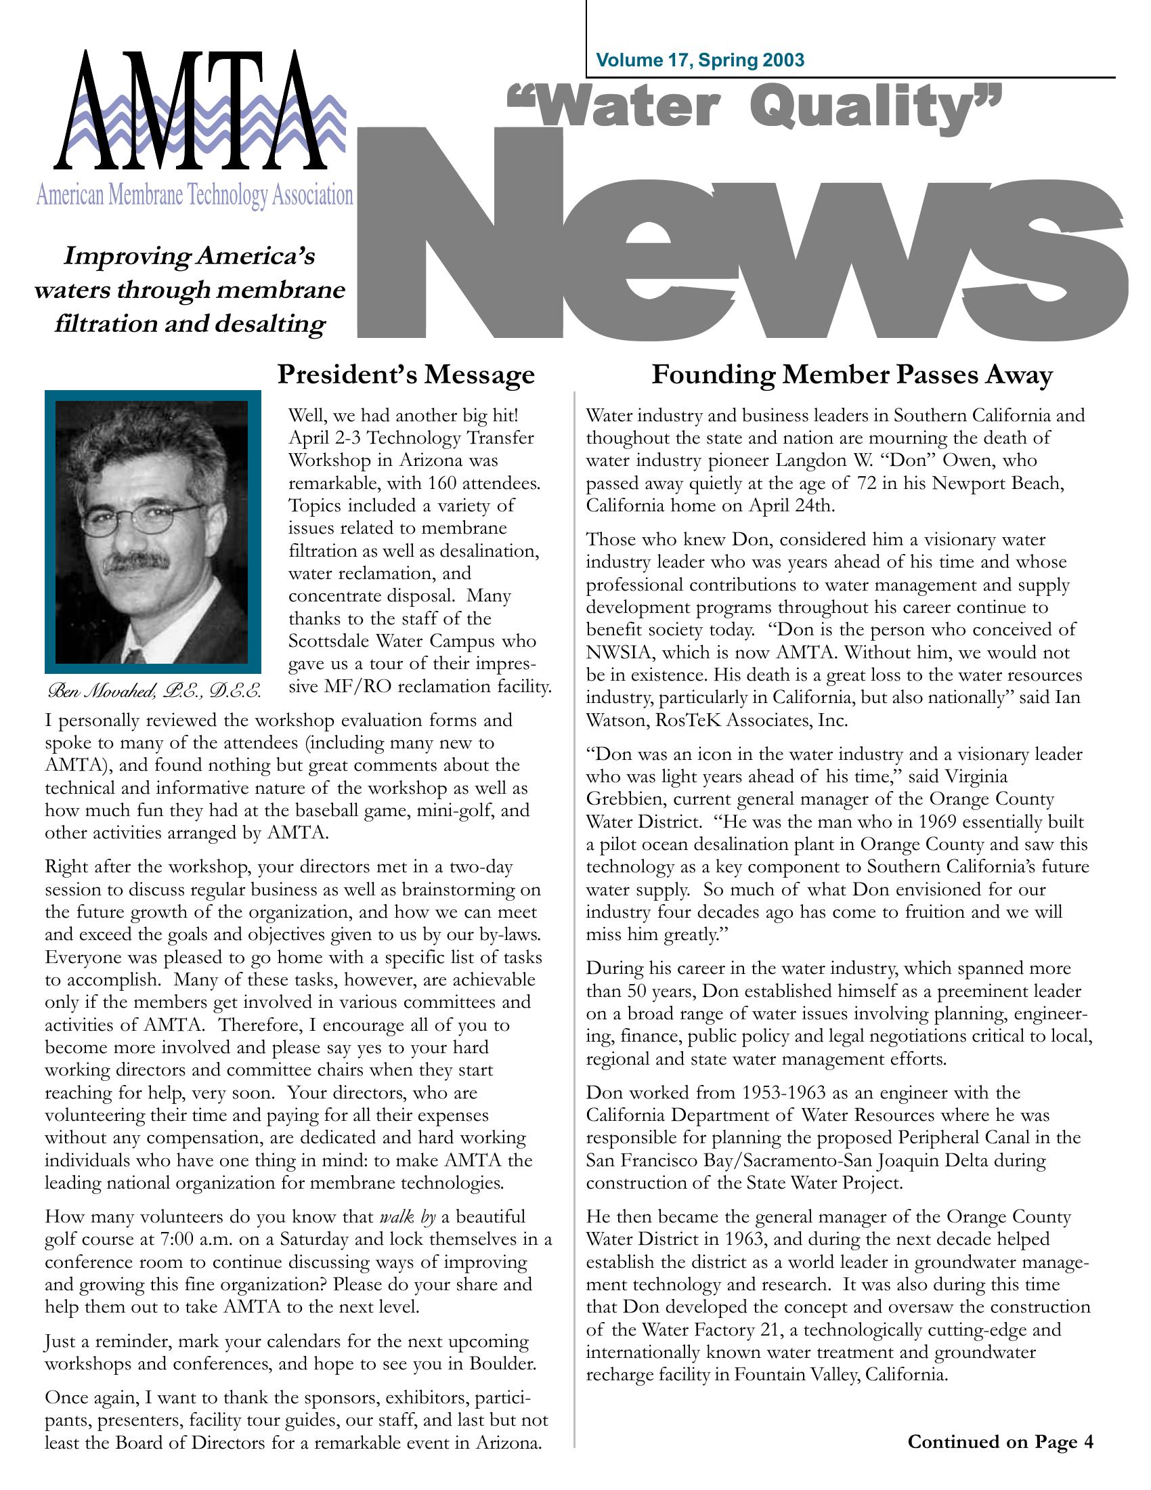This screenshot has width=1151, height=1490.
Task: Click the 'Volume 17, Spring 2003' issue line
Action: tap(700, 61)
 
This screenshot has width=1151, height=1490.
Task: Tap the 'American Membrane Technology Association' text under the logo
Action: tap(194, 196)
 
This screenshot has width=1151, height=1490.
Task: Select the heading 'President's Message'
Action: tap(406, 375)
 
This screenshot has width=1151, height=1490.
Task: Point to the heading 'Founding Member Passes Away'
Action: tap(852, 375)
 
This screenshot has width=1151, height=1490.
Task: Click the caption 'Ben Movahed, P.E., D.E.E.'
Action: tap(154, 690)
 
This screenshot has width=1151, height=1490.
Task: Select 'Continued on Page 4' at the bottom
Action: tap(1000, 1441)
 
